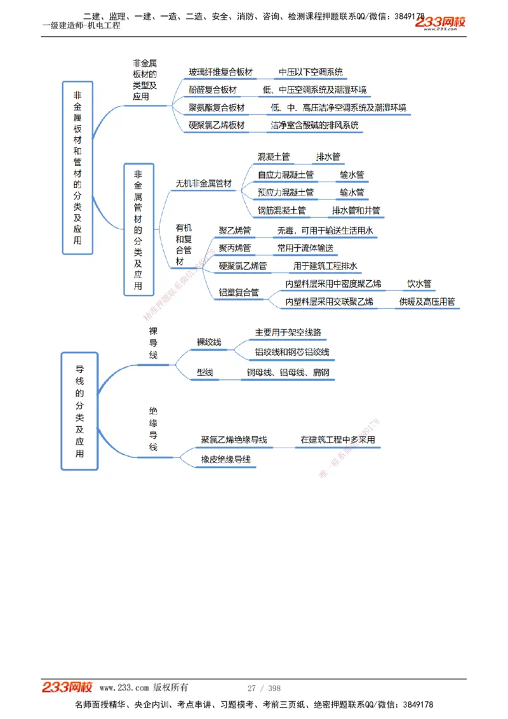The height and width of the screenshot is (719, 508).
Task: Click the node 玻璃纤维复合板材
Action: click(x=220, y=72)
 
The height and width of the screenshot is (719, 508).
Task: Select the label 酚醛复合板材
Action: click(x=212, y=90)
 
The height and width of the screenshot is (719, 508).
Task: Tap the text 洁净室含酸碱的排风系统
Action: click(x=314, y=125)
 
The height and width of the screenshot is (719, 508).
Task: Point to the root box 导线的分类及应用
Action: click(x=79, y=410)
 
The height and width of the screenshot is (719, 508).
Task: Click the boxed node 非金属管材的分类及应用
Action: click(x=138, y=229)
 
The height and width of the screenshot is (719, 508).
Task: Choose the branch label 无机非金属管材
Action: click(x=203, y=184)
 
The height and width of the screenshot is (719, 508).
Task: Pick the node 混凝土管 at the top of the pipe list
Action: click(x=274, y=157)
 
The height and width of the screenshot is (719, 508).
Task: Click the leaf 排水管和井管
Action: click(x=356, y=210)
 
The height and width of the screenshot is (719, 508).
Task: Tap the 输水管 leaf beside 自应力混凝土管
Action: click(x=352, y=175)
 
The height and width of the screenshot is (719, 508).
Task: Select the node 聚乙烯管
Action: click(x=234, y=231)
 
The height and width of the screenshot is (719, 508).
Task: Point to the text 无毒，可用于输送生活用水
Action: click(x=324, y=231)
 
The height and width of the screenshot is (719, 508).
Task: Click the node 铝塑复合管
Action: click(x=239, y=293)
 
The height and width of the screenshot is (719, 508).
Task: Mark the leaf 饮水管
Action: click(x=419, y=284)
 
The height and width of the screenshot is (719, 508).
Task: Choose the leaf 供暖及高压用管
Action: click(x=427, y=302)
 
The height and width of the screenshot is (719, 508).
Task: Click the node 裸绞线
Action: click(x=209, y=342)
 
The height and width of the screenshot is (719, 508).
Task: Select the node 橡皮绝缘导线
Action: click(x=225, y=459)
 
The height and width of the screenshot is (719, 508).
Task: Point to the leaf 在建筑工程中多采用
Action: click(x=338, y=440)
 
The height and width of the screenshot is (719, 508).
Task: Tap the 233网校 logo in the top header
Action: click(x=441, y=23)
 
